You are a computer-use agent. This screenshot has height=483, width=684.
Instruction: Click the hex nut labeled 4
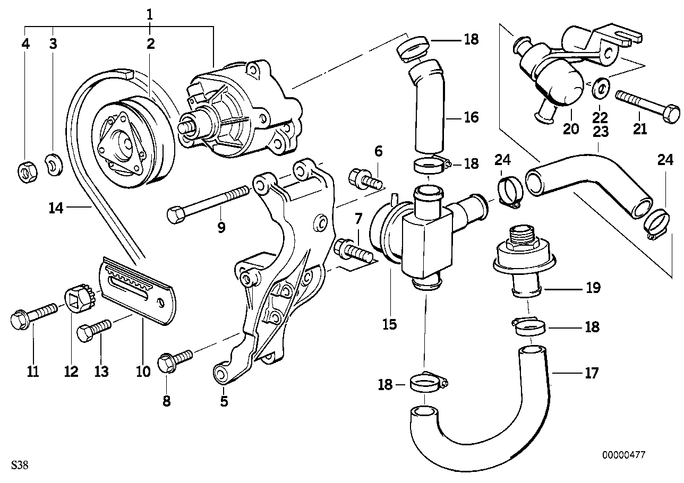tap(25, 171)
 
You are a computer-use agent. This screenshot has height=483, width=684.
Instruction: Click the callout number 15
tap(389, 323)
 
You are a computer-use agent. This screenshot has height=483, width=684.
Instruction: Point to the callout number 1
tap(150, 15)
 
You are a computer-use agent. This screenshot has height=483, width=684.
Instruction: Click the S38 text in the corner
tap(19, 466)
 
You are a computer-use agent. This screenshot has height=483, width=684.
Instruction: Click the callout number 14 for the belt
tap(56, 209)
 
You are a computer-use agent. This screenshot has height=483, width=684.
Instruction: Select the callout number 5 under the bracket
tap(224, 401)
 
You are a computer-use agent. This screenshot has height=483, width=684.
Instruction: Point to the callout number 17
tap(591, 374)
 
